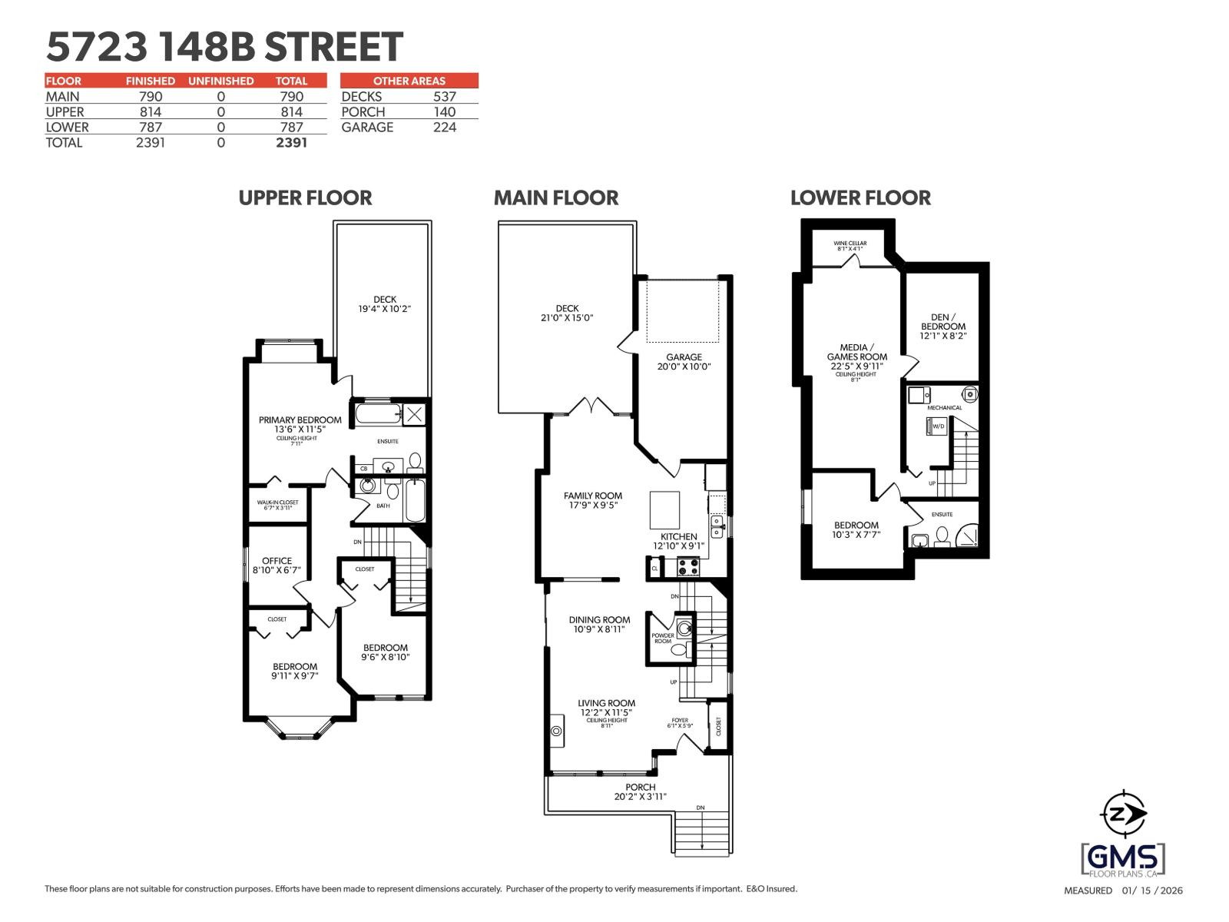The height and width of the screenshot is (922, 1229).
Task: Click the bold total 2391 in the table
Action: (291, 143)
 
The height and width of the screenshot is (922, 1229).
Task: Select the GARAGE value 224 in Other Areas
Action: (444, 128)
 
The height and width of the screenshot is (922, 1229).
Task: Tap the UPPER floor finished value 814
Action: (150, 112)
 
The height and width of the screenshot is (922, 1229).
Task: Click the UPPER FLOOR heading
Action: (305, 198)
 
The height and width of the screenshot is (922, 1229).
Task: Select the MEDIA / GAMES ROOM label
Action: (856, 357)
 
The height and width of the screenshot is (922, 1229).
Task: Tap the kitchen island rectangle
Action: (665, 508)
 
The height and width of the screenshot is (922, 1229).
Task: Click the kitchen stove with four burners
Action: (687, 568)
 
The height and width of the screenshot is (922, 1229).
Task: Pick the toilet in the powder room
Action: (679, 650)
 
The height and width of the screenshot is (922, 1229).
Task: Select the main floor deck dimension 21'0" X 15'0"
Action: (567, 317)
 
